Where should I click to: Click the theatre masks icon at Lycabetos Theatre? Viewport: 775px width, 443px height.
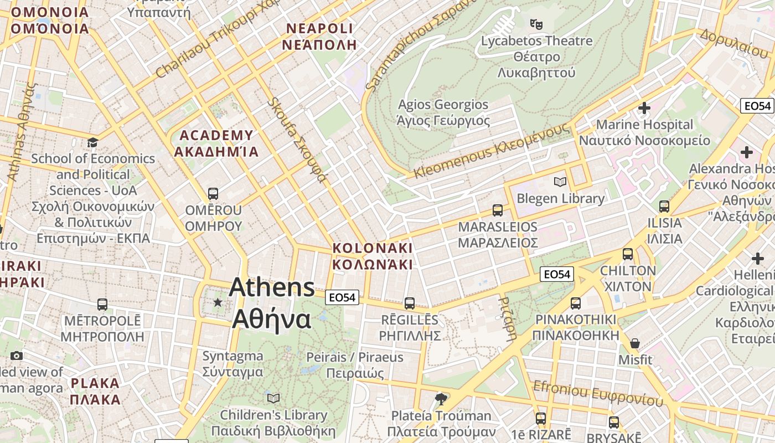pyautogui.click(x=536, y=24)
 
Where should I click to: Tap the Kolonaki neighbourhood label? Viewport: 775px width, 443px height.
pyautogui.click(x=373, y=256)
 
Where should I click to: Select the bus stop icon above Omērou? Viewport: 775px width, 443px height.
pyautogui.click(x=213, y=193)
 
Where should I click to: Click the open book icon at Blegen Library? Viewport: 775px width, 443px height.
pyautogui.click(x=560, y=182)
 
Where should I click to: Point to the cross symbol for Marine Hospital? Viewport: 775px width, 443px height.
pyautogui.click(x=644, y=108)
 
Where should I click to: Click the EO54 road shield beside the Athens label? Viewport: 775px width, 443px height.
pyautogui.click(x=342, y=297)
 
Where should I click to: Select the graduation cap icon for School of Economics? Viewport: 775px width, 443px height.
pyautogui.click(x=92, y=142)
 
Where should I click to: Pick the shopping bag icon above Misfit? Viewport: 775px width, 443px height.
pyautogui.click(x=635, y=343)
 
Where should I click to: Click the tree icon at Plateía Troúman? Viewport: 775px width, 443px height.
pyautogui.click(x=441, y=399)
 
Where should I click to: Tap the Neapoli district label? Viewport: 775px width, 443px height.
pyautogui.click(x=319, y=37)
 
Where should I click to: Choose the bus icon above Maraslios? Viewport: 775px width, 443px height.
pyautogui.click(x=498, y=210)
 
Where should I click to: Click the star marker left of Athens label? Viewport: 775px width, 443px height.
pyautogui.click(x=218, y=302)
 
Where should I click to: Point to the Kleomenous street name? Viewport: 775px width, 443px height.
pyautogui.click(x=492, y=151)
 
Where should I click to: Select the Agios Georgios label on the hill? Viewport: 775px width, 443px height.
pyautogui.click(x=443, y=112)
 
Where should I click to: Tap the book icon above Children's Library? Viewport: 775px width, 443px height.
pyautogui.click(x=273, y=398)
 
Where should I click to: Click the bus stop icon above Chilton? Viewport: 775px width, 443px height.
pyautogui.click(x=627, y=254)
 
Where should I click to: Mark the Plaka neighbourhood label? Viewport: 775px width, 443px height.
pyautogui.click(x=96, y=391)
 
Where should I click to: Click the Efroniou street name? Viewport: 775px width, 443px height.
pyautogui.click(x=597, y=393)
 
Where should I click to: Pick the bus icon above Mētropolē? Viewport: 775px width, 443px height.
pyautogui.click(x=102, y=304)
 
